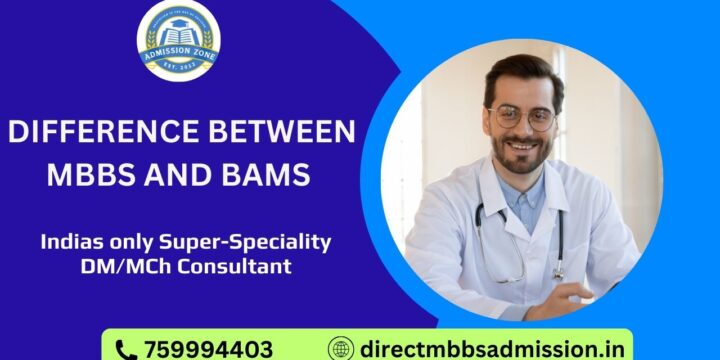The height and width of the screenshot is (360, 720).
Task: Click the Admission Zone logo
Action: tap(178, 40)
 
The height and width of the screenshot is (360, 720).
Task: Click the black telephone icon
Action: tap(126, 349)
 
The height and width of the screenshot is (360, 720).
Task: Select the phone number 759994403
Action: tap(208, 349)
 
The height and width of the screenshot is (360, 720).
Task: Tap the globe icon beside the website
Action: tap(342, 349)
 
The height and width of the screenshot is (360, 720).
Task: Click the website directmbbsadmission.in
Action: tap(490, 349)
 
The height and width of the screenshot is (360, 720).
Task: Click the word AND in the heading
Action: tap(178, 176)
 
